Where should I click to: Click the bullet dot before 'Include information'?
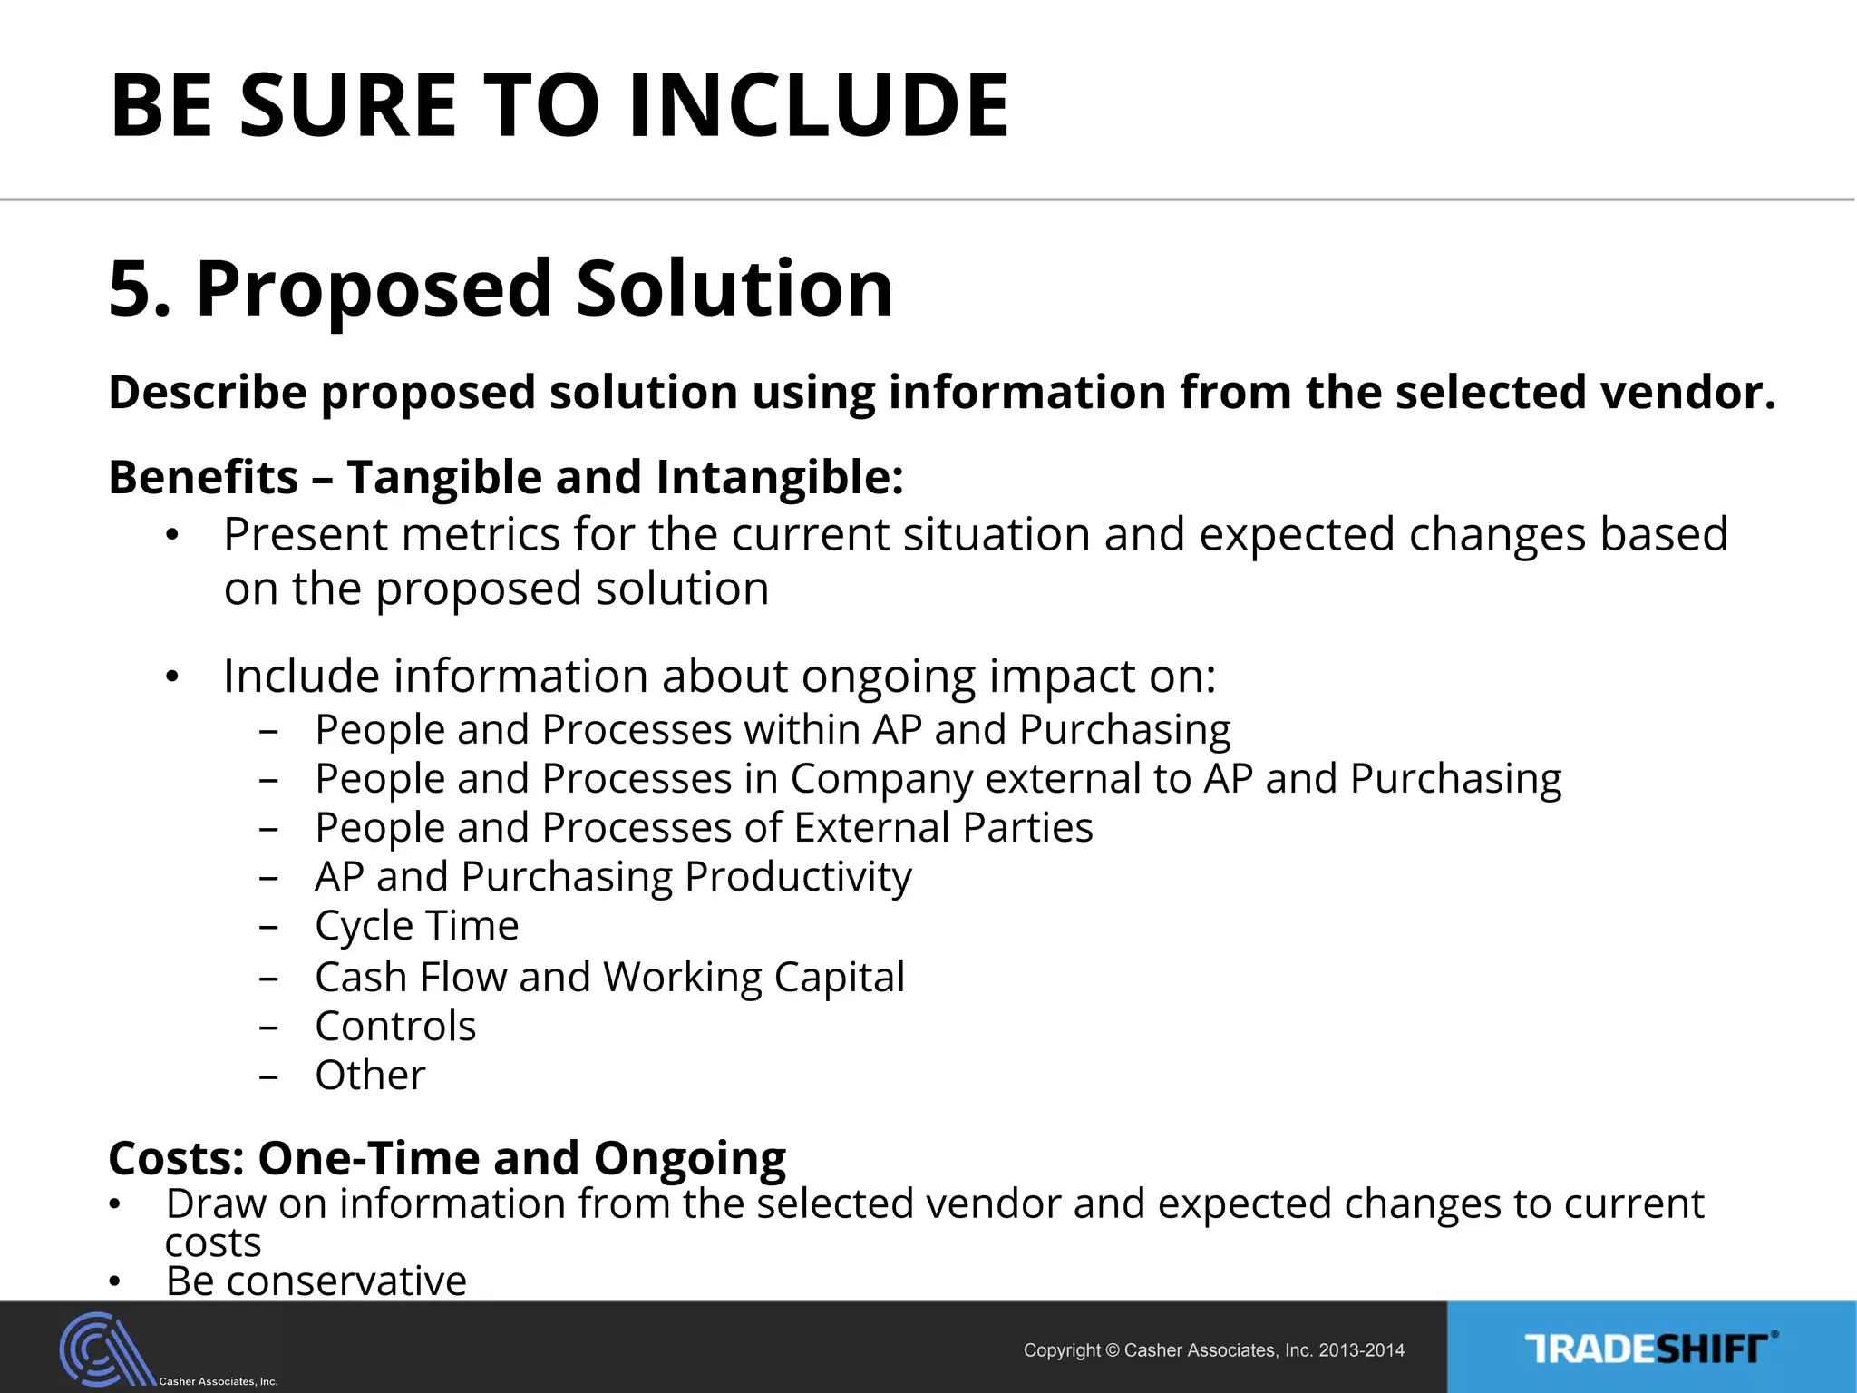click(172, 677)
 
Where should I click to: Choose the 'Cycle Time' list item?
click(416, 926)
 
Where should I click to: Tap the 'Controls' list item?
click(395, 1027)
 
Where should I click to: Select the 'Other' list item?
click(370, 1076)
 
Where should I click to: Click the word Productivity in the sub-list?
click(798, 877)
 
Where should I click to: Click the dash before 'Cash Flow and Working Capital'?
click(267, 979)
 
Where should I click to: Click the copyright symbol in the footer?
click(1113, 1350)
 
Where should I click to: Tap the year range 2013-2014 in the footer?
click(1361, 1350)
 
